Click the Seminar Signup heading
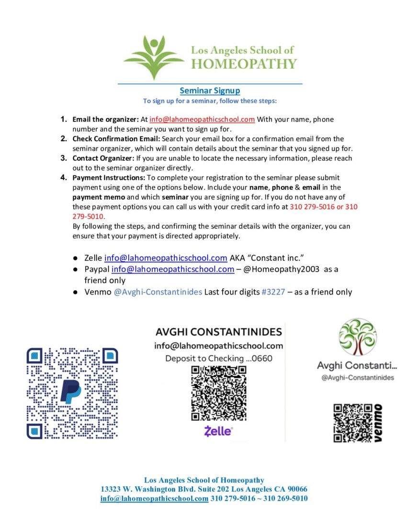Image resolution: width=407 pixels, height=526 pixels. pyautogui.click(x=210, y=90)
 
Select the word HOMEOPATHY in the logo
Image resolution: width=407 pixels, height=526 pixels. pyautogui.click(x=244, y=64)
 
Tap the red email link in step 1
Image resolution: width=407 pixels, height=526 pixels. pyautogui.click(x=202, y=120)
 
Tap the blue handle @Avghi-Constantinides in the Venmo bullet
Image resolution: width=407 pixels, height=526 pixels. pyautogui.click(x=158, y=292)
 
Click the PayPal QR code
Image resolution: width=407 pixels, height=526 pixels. pyautogui.click(x=72, y=393)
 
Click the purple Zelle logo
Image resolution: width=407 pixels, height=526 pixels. pyautogui.click(x=218, y=431)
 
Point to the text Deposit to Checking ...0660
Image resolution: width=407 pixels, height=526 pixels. pyautogui.click(x=218, y=358)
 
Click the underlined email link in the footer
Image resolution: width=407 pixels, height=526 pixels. pyautogui.click(x=154, y=498)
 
